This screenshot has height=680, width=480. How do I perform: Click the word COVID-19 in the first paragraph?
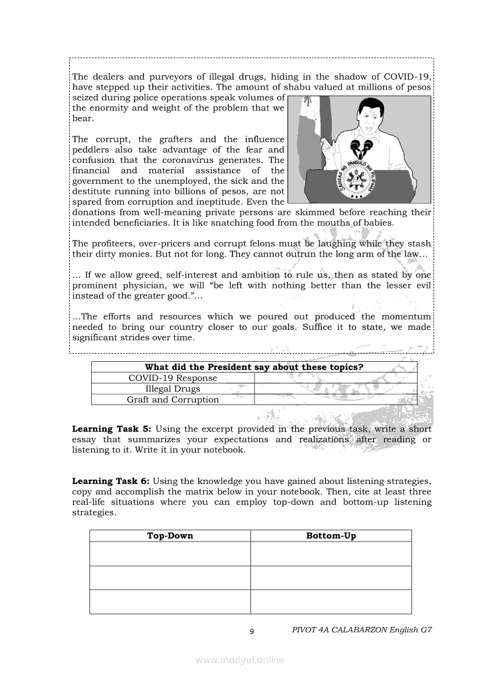[x=410, y=77]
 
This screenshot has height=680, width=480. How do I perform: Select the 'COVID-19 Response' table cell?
[x=173, y=378]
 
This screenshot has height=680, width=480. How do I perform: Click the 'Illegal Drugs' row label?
[x=173, y=389]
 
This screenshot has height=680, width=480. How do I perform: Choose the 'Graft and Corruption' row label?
[x=173, y=400]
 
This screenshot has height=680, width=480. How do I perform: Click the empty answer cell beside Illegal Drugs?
[x=335, y=389]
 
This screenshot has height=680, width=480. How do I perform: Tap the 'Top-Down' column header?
[x=170, y=536]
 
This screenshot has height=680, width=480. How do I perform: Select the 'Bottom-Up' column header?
[x=331, y=536]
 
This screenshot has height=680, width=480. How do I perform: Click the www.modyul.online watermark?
[x=240, y=660]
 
